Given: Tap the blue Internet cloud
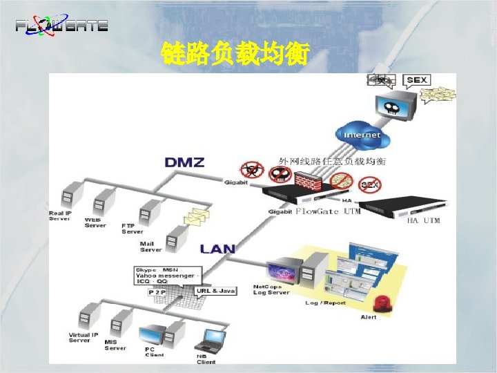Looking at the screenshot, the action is (x=360, y=134).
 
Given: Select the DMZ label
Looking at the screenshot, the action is (x=184, y=163).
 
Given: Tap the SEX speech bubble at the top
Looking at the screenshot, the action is (x=416, y=80).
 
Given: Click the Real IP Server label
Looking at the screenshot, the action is (x=61, y=216).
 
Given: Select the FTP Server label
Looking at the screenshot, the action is (x=133, y=229).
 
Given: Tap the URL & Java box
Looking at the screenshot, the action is (x=217, y=291).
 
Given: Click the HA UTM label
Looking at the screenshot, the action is (x=423, y=220).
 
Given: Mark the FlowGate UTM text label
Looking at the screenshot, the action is (x=328, y=211).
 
